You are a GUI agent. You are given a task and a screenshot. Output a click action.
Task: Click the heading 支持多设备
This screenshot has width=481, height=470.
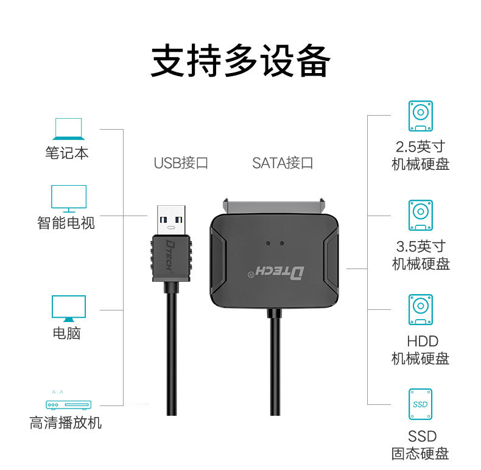coord(240,60)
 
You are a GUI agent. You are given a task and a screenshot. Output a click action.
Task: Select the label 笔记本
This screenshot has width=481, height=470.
coord(67,152)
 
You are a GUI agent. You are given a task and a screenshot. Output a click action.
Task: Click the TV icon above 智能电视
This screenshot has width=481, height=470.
coord(68,198)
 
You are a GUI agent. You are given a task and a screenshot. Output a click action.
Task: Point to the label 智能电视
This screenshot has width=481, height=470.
coord(66,223)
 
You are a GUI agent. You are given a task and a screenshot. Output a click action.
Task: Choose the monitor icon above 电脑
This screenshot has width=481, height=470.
coord(68,309)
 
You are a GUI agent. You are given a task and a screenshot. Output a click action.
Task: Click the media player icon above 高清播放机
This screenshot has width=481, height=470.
coord(68,404)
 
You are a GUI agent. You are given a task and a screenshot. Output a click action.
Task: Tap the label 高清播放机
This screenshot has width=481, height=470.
coord(66,423)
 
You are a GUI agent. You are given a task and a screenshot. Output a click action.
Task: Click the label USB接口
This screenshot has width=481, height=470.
coord(181,163)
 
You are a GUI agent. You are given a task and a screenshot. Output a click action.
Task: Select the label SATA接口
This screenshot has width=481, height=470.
coord(283,163)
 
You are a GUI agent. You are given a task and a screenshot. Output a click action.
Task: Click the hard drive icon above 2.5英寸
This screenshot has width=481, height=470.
coord(420,116)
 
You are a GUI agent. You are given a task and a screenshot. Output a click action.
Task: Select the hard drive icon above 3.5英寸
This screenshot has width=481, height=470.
coord(420,215)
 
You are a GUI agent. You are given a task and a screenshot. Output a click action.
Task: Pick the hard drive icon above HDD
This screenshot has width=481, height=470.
coord(420,309)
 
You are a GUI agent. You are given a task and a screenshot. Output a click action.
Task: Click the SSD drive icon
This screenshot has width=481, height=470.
coord(420,404)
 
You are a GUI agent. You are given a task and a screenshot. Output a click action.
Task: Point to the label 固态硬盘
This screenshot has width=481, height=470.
coord(420,454)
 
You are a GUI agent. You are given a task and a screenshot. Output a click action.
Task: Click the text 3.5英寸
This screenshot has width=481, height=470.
coord(420,247)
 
